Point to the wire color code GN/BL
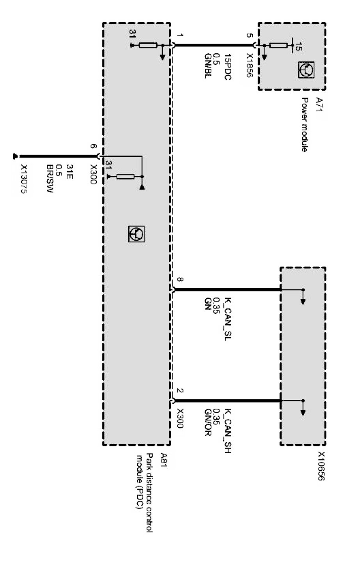point(208,66)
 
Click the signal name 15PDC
point(228,67)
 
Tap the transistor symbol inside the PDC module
point(136,234)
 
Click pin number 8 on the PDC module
point(179,280)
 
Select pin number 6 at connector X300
point(93,146)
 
